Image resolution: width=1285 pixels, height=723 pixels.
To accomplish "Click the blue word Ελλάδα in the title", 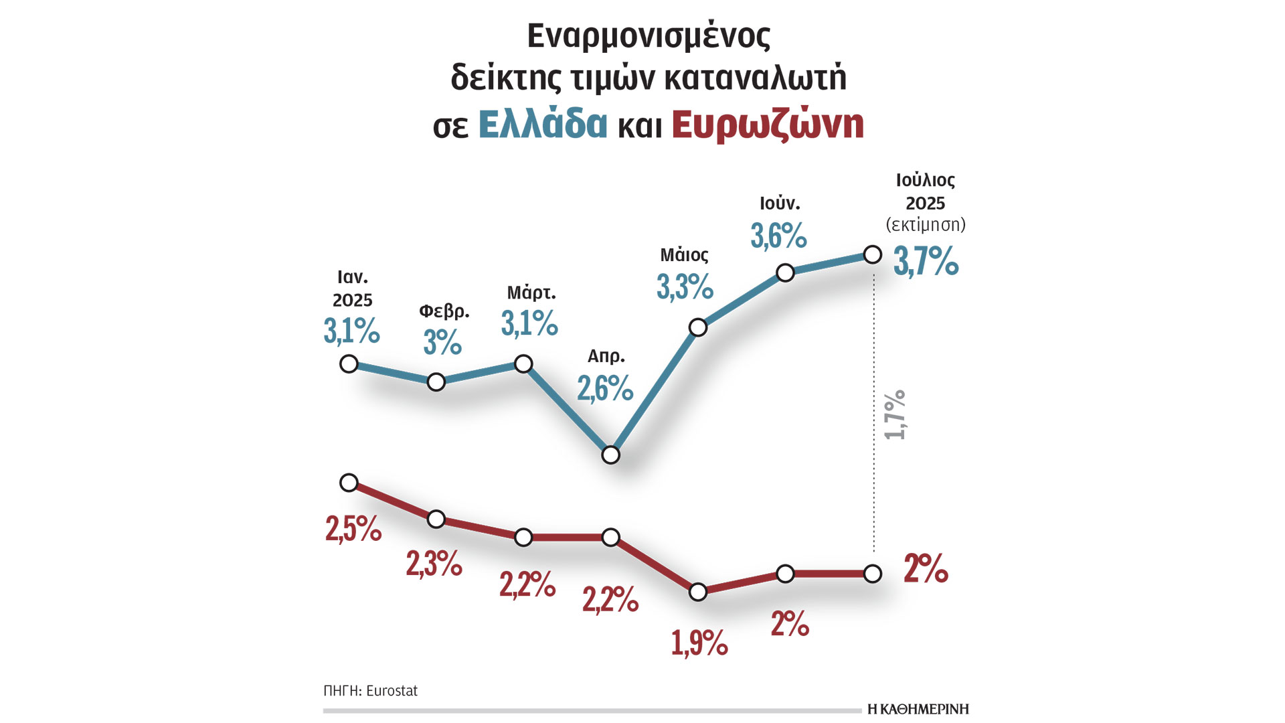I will pos(543,124).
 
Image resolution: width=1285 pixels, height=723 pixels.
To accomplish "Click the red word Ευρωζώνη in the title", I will pos(768,125).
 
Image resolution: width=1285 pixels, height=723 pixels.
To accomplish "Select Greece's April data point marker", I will pos(610,455).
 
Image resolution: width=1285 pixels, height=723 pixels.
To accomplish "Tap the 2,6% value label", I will pos(605,389).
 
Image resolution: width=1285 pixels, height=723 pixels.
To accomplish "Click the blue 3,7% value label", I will pos(926,262).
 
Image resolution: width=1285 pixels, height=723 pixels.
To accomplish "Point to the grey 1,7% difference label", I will pos(895,415).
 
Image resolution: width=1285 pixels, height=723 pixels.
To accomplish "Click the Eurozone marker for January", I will pos(349,483).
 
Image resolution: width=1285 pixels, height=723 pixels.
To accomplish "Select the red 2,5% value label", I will pos(353,529).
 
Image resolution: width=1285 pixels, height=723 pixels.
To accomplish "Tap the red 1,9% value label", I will pos(699,643).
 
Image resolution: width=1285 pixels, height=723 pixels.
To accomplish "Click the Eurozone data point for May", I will pos(698,592).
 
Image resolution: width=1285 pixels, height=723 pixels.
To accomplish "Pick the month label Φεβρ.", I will pos(444,311).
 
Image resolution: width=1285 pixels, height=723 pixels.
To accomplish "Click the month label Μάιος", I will pos(684,255).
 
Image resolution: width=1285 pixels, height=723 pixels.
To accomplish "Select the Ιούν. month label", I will pos(780,203).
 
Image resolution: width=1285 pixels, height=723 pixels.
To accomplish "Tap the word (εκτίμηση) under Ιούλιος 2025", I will pos(926,225).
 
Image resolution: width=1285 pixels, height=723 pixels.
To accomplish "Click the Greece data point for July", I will pos(873,254).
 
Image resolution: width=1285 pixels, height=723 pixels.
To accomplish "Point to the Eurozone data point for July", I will pos(873,574).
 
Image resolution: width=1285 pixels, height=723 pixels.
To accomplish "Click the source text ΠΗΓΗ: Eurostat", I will pos(370,691).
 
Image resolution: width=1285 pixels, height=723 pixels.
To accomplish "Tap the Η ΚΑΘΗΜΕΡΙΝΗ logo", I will pos(918,709).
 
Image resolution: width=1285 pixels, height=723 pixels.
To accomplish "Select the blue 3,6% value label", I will pos(778,236).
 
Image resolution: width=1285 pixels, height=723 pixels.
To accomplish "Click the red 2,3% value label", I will pos(434,564).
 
